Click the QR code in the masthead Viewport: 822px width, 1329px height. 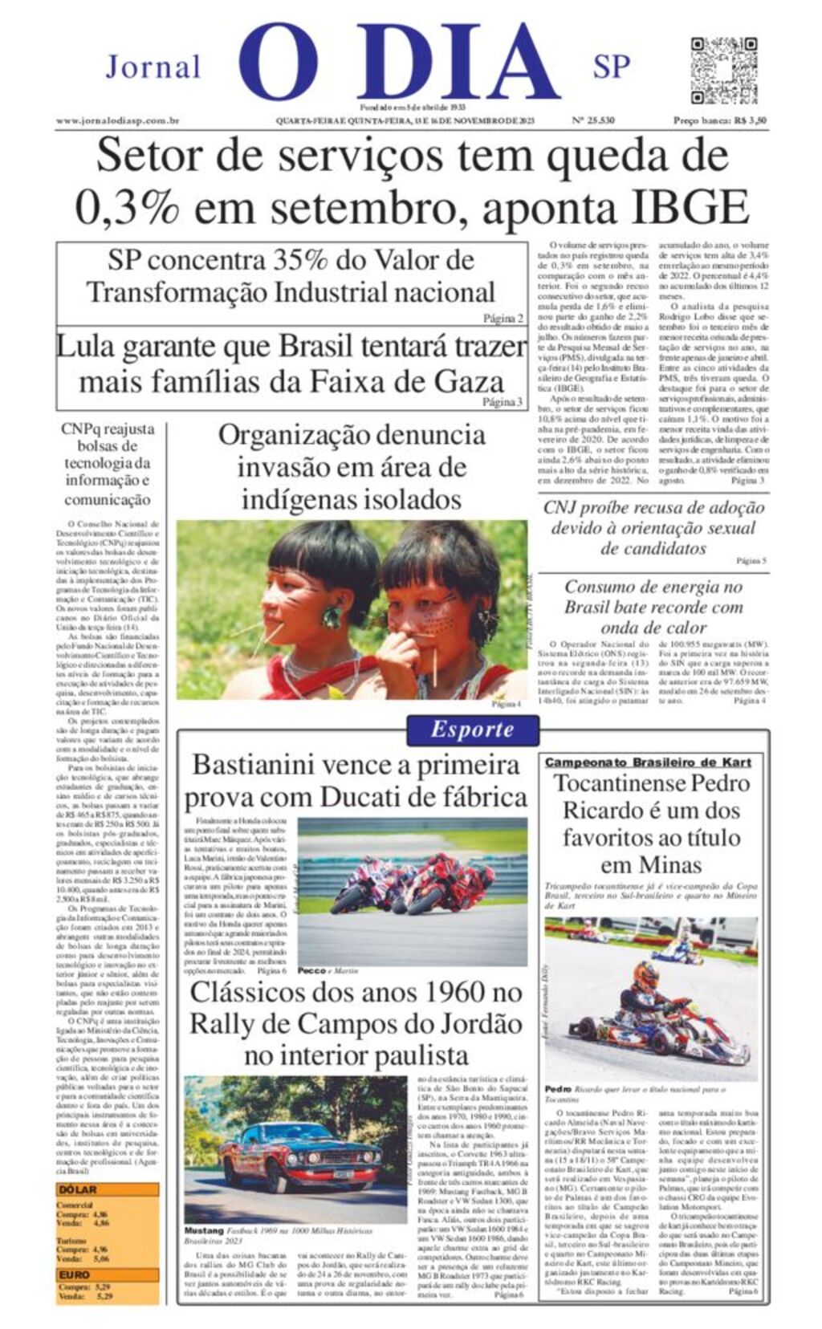click(x=724, y=70)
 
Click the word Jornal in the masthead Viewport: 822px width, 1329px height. click(x=153, y=67)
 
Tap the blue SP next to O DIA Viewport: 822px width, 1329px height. click(x=612, y=67)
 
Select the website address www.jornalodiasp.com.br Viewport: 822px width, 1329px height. click(x=117, y=121)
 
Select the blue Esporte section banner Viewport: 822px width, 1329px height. click(x=472, y=730)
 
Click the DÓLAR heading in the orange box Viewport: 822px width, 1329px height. click(x=77, y=1189)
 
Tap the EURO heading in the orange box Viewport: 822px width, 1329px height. click(x=74, y=1274)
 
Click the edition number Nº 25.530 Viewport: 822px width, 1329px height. click(x=592, y=121)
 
